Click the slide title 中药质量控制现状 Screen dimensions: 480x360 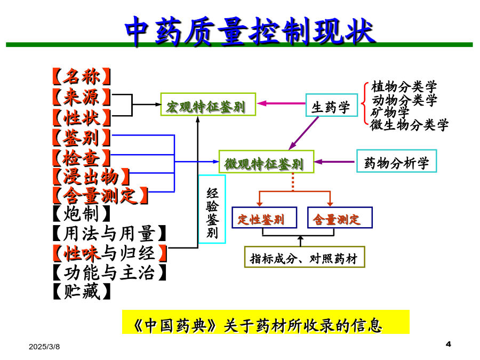pos(250,31)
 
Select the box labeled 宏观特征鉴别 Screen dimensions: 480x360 pos(208,105)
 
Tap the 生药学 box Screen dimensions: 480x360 pos(332,105)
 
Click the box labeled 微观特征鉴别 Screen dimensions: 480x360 pos(266,162)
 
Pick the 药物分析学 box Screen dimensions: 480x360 pos(396,161)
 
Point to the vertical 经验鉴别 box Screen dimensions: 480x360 pos(212,209)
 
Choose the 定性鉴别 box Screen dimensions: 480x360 pos(264,218)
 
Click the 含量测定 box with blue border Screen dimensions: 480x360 pos(340,218)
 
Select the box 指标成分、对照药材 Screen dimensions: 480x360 pos(305,257)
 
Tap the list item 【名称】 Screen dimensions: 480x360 pos(82,76)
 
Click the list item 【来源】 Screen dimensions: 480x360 pos(82,97)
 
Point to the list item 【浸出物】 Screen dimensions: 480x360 pos(91,177)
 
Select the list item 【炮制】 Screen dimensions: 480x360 pos(82,213)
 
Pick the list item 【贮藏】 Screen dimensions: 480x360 pos(82,291)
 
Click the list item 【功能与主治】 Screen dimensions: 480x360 pos(109,272)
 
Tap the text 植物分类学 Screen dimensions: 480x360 pos(404,86)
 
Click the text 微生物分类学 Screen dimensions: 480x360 pos(409,125)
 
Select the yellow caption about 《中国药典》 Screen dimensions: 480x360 pos(266,322)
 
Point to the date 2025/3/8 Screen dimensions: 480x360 pos(44,347)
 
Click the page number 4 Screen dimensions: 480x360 pos(449,344)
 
